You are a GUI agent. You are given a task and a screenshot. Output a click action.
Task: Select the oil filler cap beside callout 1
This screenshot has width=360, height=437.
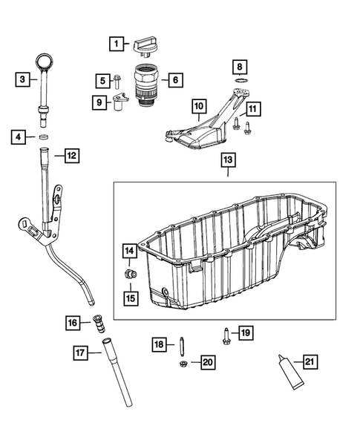click(x=145, y=47)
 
